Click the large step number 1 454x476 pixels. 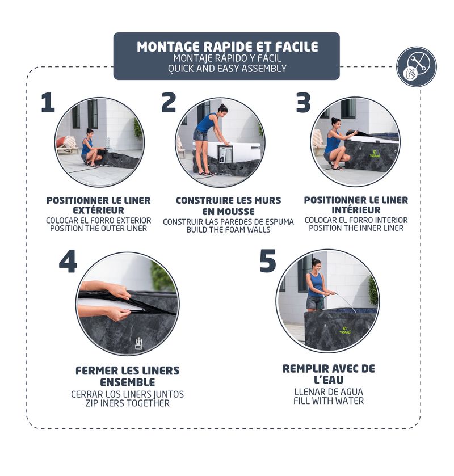48,103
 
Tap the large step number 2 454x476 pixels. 169,102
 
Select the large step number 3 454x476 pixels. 304,102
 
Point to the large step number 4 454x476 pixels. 68,261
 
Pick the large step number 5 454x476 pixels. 268,260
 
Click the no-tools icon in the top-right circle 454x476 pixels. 417,66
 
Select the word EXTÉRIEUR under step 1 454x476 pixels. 98,210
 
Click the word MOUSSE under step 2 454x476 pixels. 228,211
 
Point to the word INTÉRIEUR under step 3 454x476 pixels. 356,210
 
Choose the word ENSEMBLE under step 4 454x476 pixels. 128,382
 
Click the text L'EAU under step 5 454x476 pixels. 329,380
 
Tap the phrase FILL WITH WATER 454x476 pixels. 329,401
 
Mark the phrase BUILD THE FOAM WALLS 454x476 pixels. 228,230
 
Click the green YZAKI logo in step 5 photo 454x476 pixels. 345,330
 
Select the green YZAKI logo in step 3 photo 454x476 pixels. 375,154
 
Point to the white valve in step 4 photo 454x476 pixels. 138,343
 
